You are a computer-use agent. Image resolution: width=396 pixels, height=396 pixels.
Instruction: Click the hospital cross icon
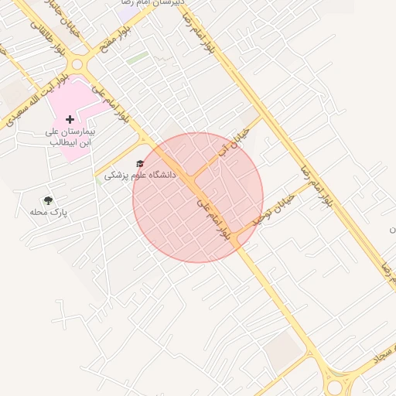click(x=70, y=119)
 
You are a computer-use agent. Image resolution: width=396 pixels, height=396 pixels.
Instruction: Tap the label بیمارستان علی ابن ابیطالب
click(x=70, y=137)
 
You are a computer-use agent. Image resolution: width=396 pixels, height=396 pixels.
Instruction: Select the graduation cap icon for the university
click(x=140, y=163)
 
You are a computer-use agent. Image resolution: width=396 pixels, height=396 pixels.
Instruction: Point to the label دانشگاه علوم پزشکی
click(x=140, y=176)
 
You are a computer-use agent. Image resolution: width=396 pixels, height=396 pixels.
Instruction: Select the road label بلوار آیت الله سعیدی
click(x=35, y=99)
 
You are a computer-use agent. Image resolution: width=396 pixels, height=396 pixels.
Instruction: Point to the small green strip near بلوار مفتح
click(x=137, y=58)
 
